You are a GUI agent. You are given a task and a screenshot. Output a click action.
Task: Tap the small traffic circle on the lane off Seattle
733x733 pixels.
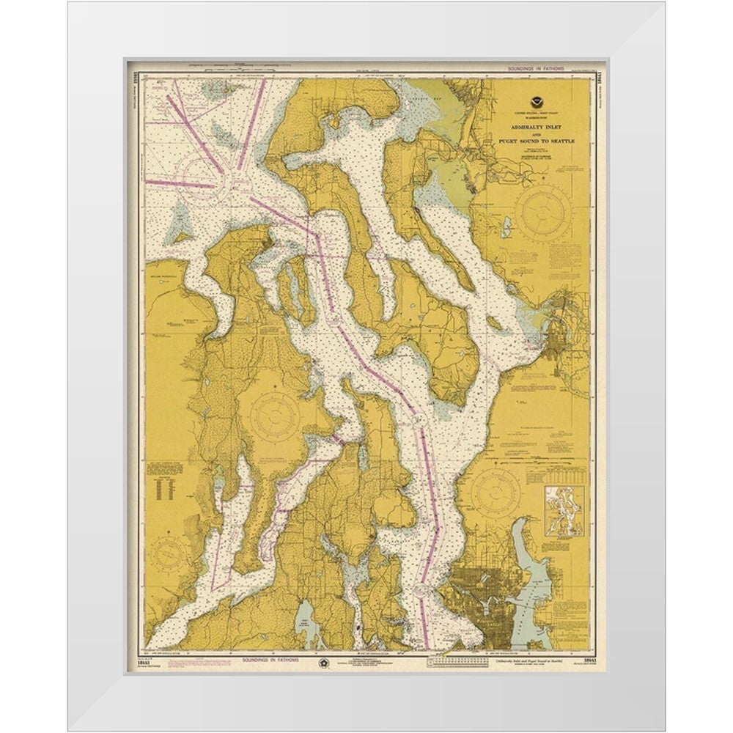click(x=422, y=587)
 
